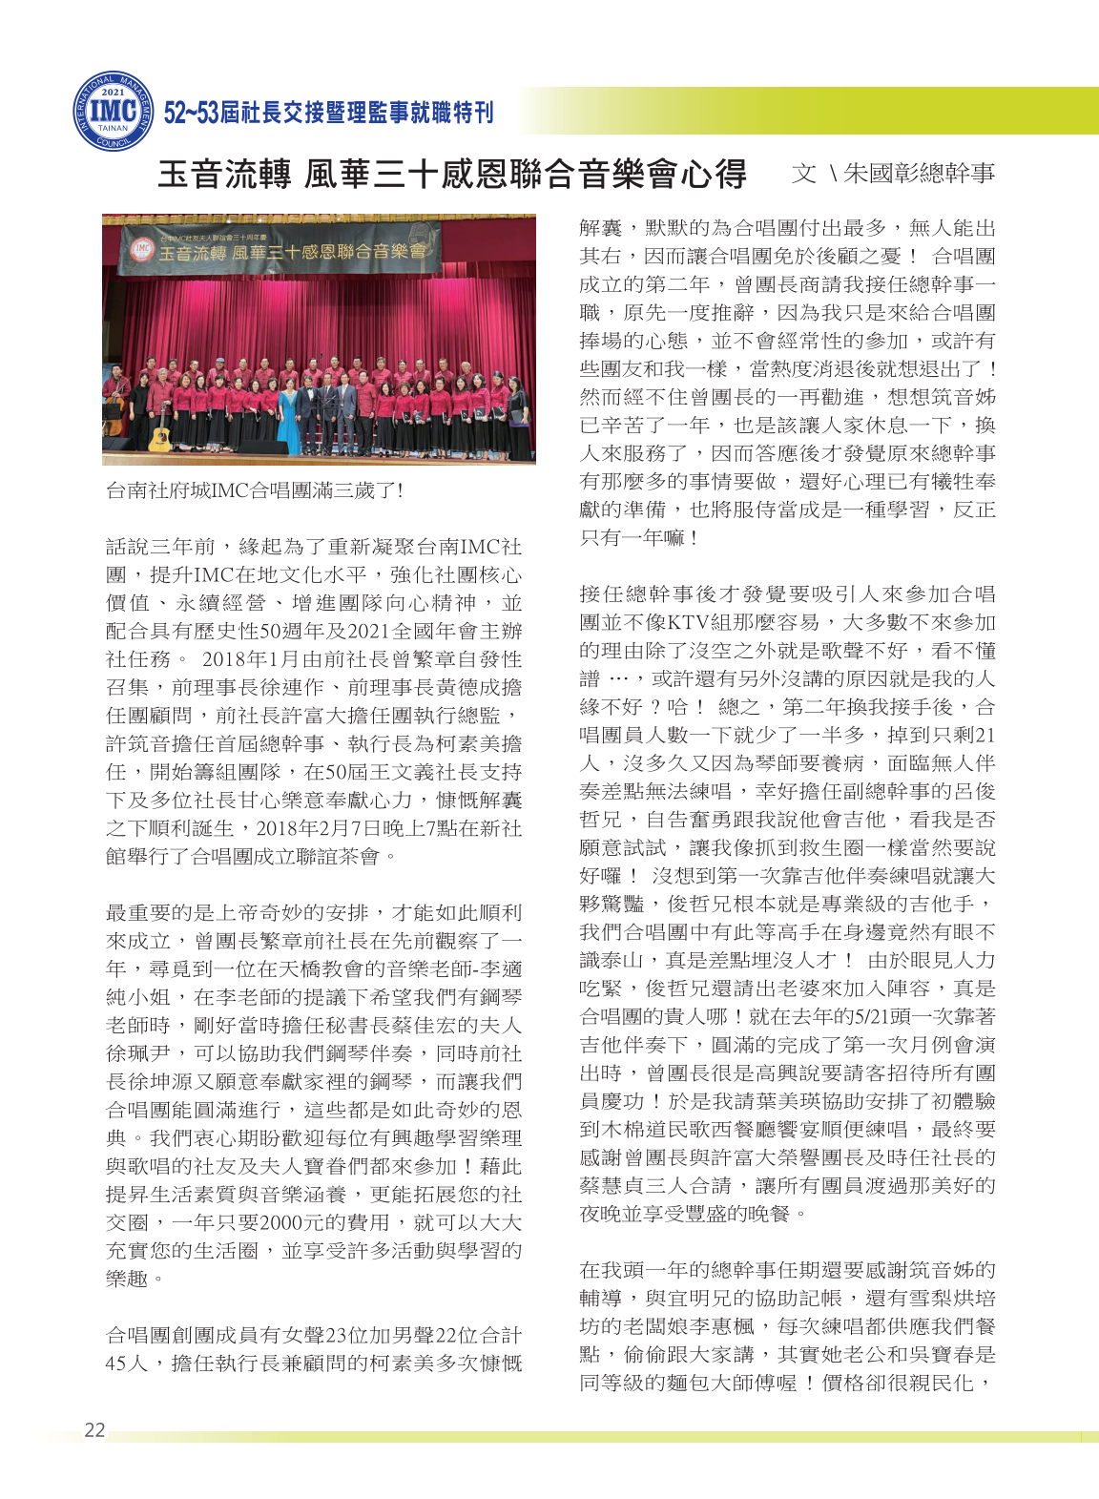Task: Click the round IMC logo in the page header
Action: click(x=113, y=111)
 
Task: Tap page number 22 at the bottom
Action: click(x=94, y=1429)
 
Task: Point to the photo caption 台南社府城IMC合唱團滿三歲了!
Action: click(x=255, y=490)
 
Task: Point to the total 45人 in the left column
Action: click(x=126, y=1363)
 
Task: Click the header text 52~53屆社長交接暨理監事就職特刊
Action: click(x=328, y=113)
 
